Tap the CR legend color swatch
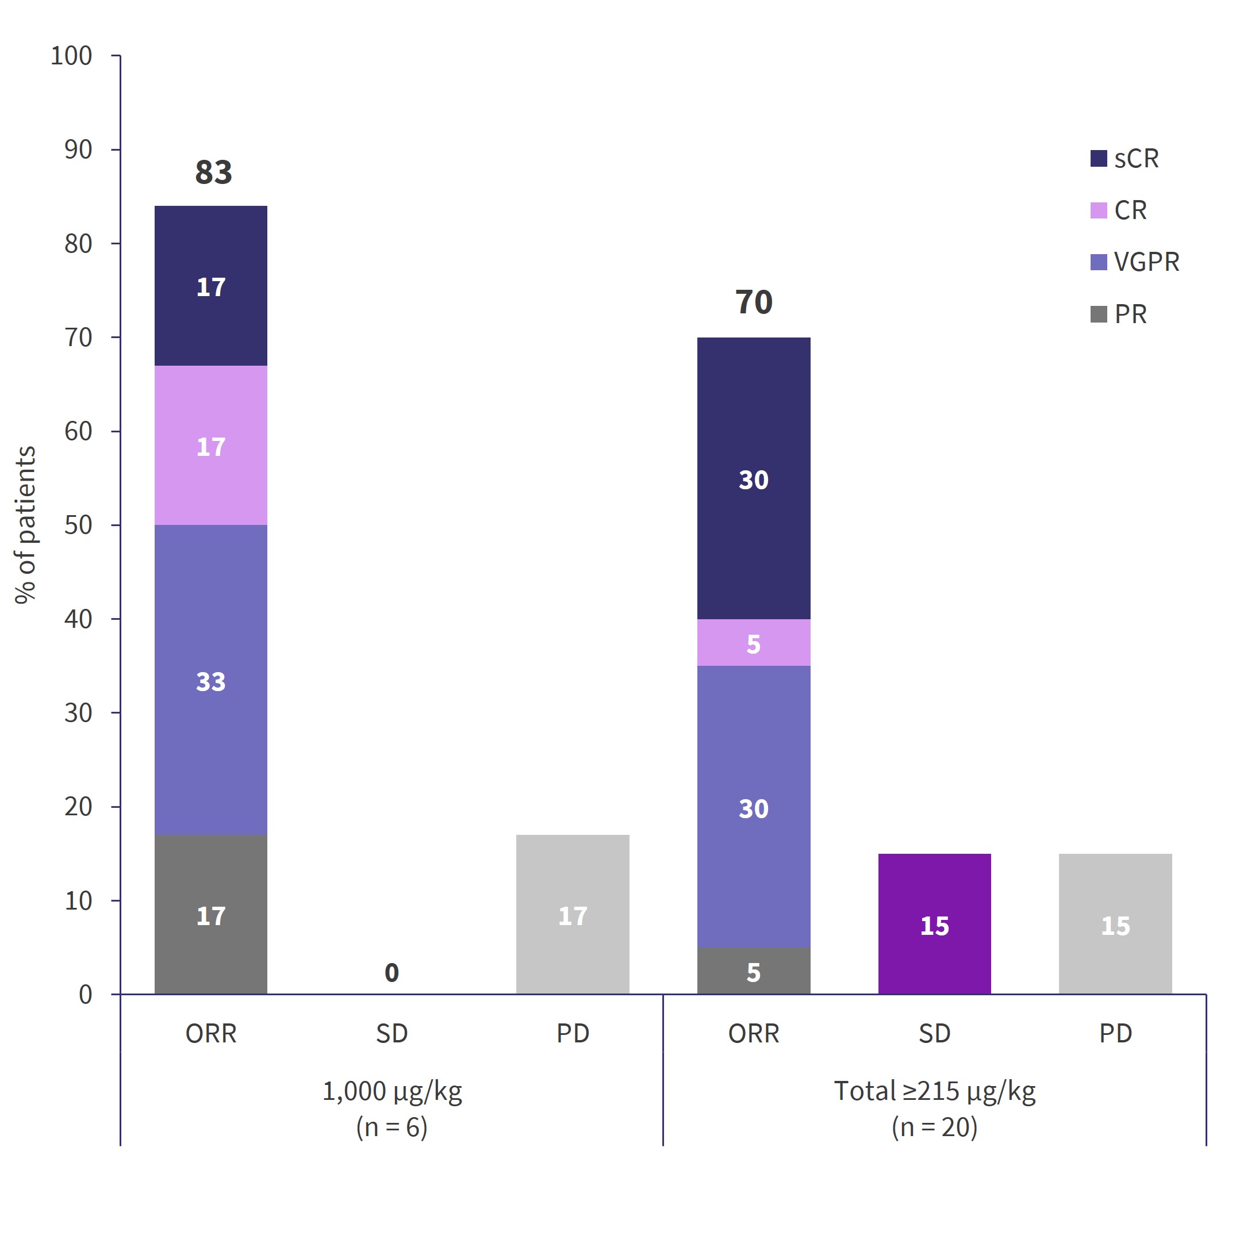(x=1098, y=211)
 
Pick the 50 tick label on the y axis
(x=78, y=526)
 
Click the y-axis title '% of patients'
(x=26, y=525)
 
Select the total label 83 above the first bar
(x=213, y=172)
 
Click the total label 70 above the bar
(x=754, y=303)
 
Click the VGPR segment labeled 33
(x=211, y=680)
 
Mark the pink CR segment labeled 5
(x=754, y=643)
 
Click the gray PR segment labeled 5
(x=754, y=971)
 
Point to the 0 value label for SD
(x=391, y=973)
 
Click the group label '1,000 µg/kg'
(x=392, y=1091)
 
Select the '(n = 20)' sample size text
(x=934, y=1127)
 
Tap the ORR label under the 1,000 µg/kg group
(x=211, y=1033)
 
